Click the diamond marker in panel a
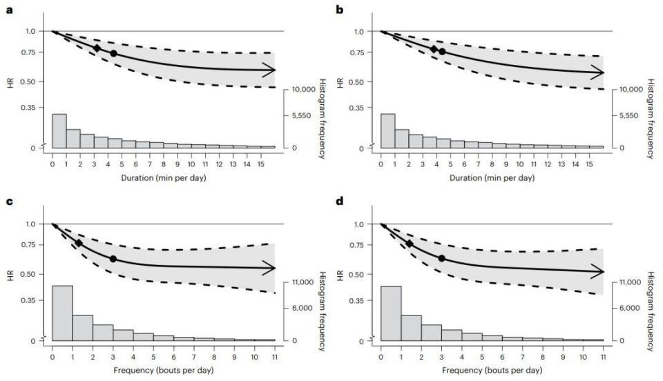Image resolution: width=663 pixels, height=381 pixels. coord(97,48)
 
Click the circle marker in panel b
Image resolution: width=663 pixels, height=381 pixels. coord(442,52)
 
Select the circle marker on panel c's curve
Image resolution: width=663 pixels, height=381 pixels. coord(113,259)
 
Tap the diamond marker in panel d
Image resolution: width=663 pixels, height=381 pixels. coord(410,244)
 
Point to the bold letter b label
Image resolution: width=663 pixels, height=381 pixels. coord(338,10)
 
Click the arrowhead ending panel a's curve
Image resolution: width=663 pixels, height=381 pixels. coord(271,70)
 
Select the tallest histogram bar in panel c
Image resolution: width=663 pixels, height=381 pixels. coord(62,312)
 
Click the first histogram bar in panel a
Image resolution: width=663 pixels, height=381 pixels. coord(59,130)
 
